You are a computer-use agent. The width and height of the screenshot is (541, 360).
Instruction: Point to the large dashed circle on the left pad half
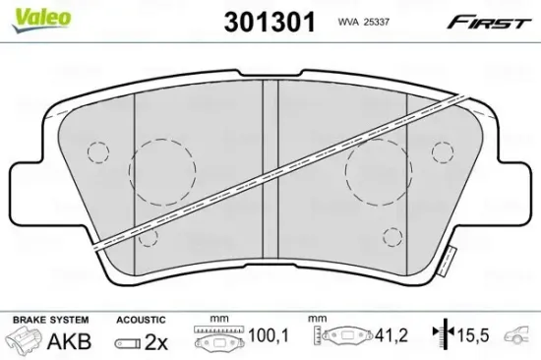[161, 171]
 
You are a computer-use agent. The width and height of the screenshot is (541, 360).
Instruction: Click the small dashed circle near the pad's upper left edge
[97, 151]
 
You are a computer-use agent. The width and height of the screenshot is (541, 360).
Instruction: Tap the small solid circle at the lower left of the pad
[148, 237]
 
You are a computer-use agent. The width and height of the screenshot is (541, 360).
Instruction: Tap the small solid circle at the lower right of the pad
[391, 237]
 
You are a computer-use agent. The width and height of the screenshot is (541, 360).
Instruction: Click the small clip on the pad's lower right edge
[449, 262]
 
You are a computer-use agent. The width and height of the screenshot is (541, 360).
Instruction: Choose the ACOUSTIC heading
[140, 320]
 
